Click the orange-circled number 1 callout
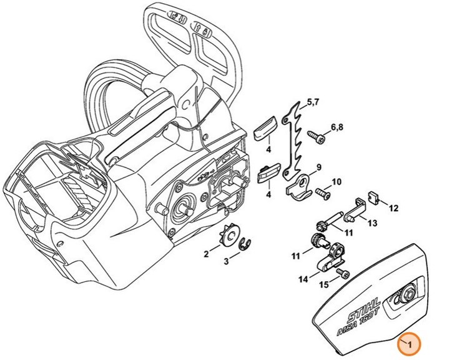coord(410,344)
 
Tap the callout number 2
coord(206,254)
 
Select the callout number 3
coord(227,261)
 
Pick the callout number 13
coord(372,223)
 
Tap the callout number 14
coord(303,279)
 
